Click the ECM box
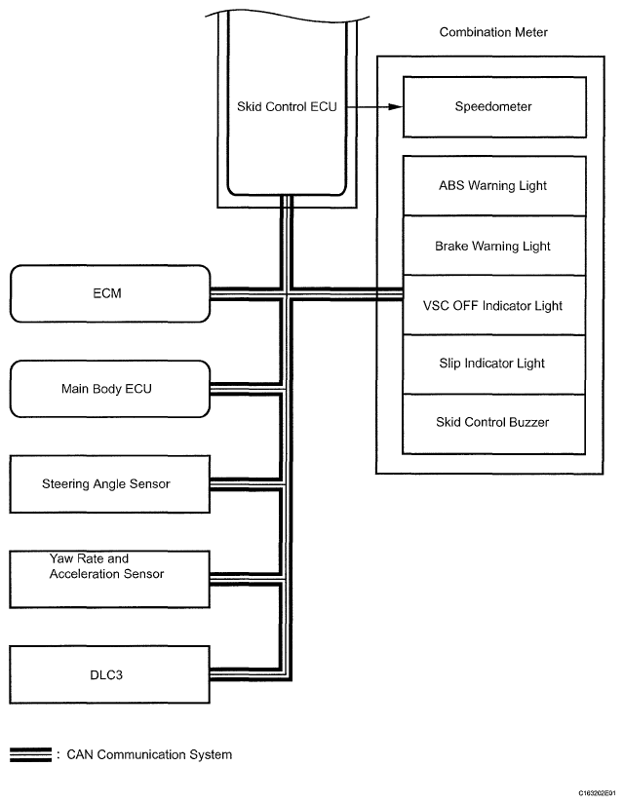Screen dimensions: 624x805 click(x=110, y=293)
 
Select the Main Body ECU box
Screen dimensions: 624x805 click(x=110, y=389)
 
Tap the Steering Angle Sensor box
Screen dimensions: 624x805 click(x=109, y=484)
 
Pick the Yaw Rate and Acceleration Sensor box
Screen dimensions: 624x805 click(x=109, y=580)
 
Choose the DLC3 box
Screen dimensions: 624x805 click(x=109, y=674)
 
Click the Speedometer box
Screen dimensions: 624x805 click(x=494, y=107)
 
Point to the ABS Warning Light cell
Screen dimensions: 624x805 click(x=494, y=186)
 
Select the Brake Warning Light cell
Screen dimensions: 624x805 click(x=494, y=246)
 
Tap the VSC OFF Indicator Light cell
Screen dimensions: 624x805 click(x=494, y=305)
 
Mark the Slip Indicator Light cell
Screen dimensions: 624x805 click(x=494, y=364)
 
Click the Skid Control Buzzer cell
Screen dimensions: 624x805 click(x=494, y=424)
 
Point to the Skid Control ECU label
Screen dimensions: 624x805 click(x=287, y=107)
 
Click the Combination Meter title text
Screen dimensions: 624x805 click(x=493, y=32)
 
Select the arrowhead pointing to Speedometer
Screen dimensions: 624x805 click(x=396, y=107)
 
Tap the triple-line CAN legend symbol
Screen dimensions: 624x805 click(x=31, y=754)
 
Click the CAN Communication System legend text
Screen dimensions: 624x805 click(x=149, y=754)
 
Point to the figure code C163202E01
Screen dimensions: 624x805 click(x=597, y=793)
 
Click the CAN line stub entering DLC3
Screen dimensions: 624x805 click(x=246, y=674)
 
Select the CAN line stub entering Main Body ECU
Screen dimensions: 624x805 click(x=246, y=389)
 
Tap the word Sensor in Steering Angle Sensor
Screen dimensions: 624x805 click(x=150, y=484)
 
